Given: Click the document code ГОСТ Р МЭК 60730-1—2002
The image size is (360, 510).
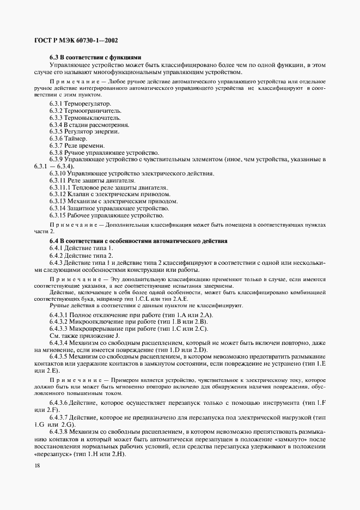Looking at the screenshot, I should coord(76,41).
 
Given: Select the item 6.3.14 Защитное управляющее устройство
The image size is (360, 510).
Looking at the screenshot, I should coord(109,208).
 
